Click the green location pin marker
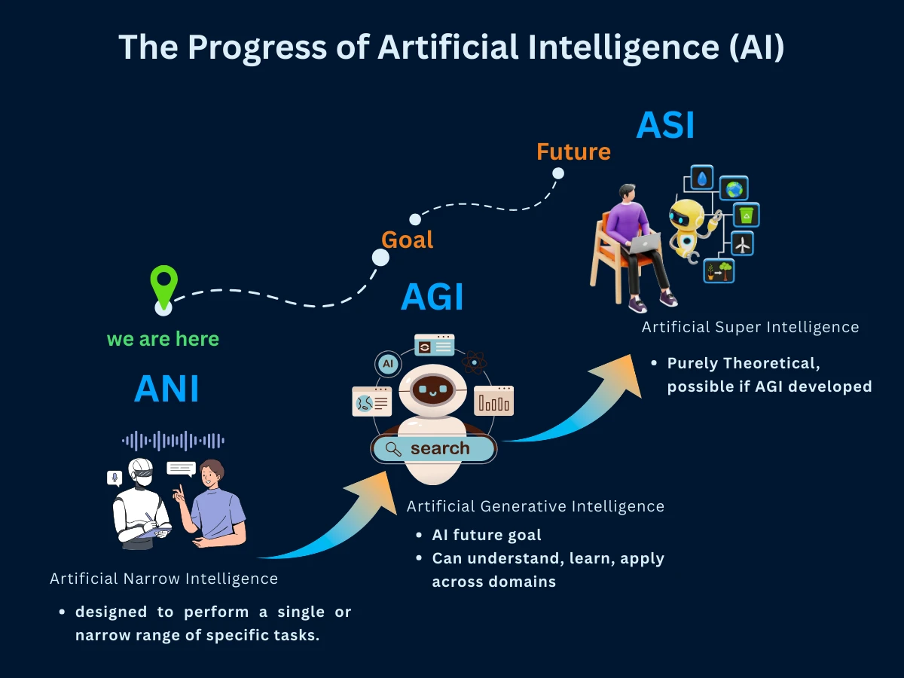pos(163,285)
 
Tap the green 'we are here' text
pos(163,339)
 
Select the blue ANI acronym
pos(166,389)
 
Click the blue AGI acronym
pos(432,297)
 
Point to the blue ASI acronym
pos(664,125)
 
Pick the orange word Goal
pos(407,240)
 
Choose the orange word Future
pos(573,152)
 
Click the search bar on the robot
pos(433,449)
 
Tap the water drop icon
pos(702,178)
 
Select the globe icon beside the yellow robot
pos(733,189)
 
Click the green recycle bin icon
pos(746,215)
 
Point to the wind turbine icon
pos(742,243)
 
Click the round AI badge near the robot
pos(388,364)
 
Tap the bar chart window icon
pos(493,401)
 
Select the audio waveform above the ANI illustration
pos(173,441)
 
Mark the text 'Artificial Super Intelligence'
pos(750,327)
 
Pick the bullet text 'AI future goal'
pos(486,536)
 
